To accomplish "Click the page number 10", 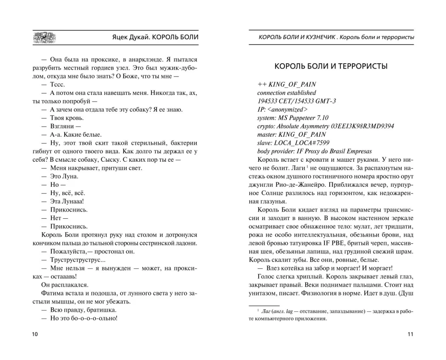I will click(35, 334).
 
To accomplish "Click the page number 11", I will click(411, 334).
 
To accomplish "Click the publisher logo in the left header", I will click(44, 38).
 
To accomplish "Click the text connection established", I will click(286, 93).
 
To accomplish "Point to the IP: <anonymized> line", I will click(282, 109).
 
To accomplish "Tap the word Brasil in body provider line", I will click(333, 151).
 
